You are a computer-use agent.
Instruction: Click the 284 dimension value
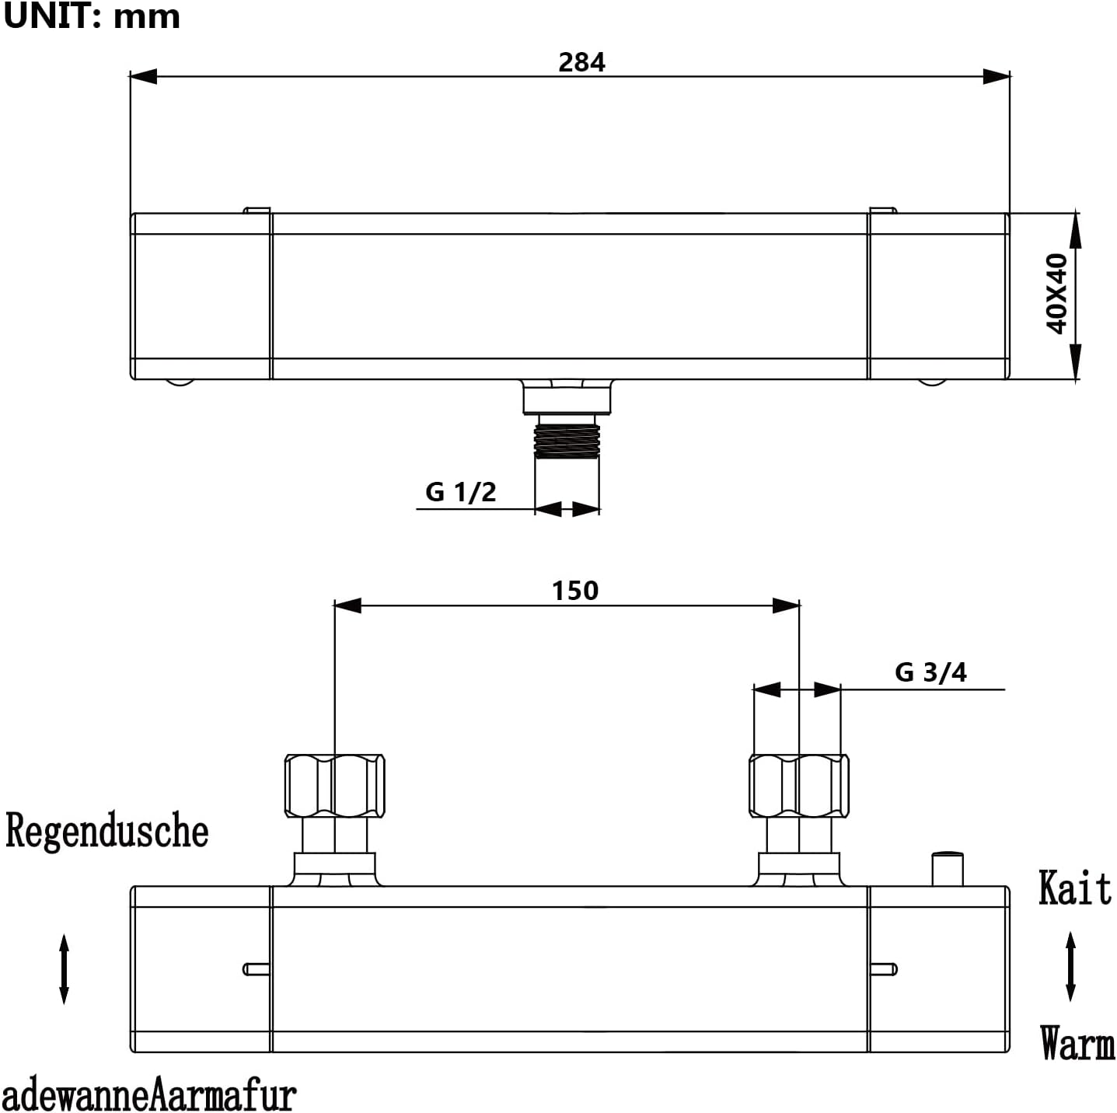[581, 62]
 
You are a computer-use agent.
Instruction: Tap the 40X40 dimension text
[1057, 294]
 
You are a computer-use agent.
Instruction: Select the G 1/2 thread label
[460, 492]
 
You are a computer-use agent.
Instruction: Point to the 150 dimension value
[575, 591]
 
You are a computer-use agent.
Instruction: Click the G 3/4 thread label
[930, 672]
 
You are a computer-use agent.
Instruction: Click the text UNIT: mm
[92, 16]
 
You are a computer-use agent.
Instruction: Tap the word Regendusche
[107, 831]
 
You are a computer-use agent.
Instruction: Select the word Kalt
[1075, 888]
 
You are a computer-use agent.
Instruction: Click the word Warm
[1077, 1043]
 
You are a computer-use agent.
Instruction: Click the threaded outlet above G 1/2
[567, 438]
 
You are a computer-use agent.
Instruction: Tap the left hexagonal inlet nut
[334, 785]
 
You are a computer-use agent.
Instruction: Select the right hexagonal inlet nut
[799, 785]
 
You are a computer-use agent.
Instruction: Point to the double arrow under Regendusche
[65, 969]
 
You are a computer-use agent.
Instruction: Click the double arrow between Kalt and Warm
[1070, 966]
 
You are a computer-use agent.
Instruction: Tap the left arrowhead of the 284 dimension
[143, 76]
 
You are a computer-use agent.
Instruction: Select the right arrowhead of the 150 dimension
[787, 605]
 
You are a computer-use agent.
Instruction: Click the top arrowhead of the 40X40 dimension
[1077, 229]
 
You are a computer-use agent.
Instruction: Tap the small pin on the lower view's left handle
[257, 969]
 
